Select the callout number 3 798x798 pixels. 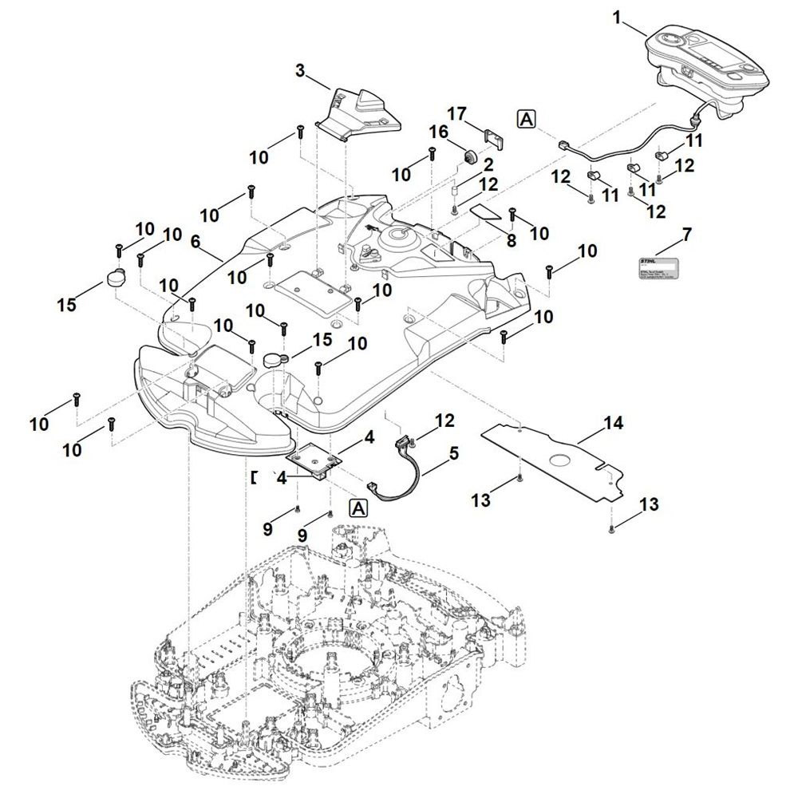[x=301, y=71]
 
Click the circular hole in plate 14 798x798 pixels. [x=561, y=460]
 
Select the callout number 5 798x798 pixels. [x=453, y=453]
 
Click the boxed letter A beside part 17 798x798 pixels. [x=527, y=119]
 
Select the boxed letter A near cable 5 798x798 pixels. [x=358, y=508]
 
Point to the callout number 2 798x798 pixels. [x=487, y=164]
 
